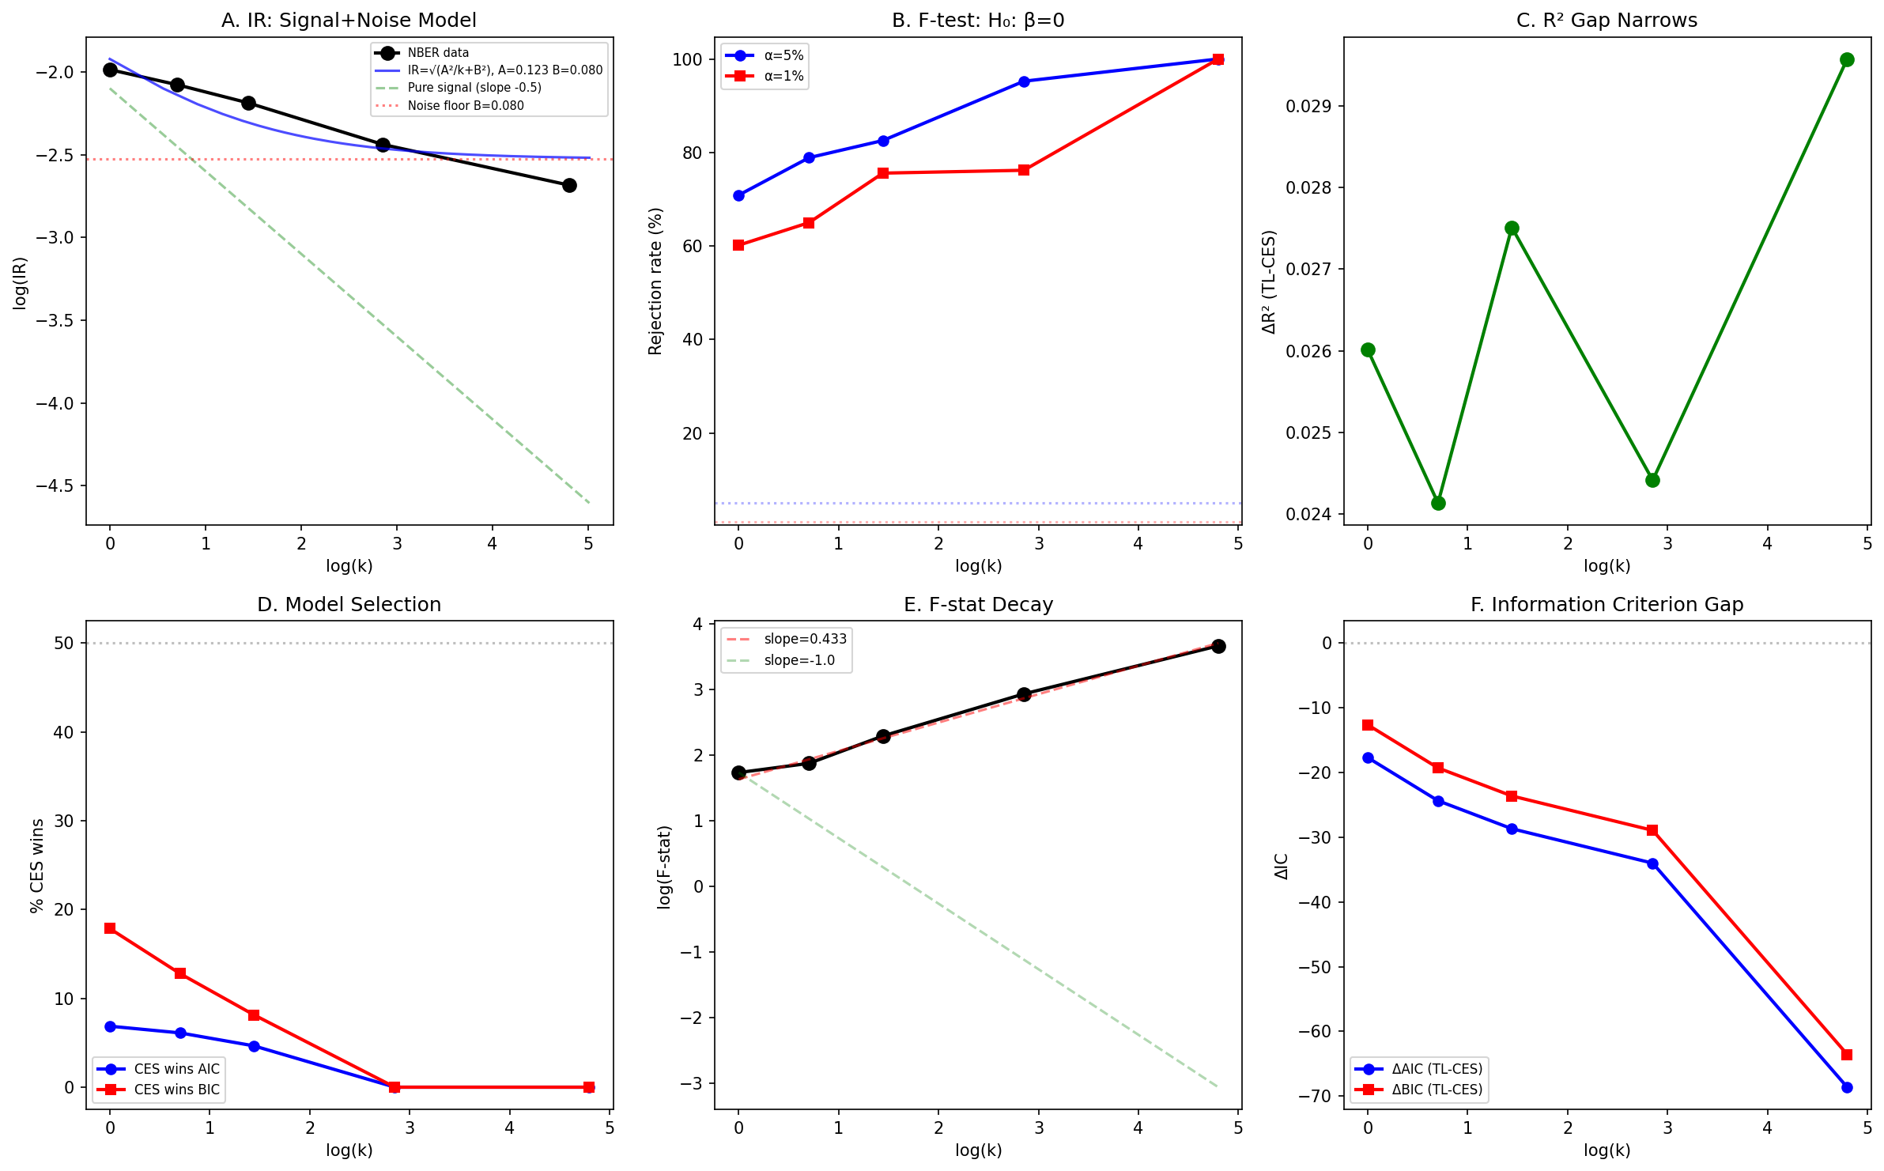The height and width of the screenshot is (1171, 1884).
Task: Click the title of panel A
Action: (349, 21)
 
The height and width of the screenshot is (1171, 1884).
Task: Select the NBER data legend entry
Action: (438, 53)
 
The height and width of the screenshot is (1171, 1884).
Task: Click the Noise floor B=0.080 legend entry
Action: (466, 106)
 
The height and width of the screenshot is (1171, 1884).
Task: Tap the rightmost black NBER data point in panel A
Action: (569, 186)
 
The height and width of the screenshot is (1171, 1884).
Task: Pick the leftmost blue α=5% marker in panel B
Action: (738, 196)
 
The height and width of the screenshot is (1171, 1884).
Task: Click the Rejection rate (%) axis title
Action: (655, 281)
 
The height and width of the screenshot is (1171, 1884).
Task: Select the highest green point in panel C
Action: (1847, 60)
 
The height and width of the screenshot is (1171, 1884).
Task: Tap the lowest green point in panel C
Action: (1438, 504)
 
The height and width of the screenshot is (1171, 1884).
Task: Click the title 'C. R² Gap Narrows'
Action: (1606, 21)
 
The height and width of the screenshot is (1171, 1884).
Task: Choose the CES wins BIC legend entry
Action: (176, 1090)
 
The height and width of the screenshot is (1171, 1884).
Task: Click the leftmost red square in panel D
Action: (110, 928)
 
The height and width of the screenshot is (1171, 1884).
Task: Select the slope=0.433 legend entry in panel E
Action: (805, 639)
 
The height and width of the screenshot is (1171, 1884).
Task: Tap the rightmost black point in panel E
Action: (1218, 647)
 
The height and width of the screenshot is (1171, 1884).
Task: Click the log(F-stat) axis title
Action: (664, 867)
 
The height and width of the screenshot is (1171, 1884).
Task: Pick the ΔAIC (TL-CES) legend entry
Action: (1437, 1069)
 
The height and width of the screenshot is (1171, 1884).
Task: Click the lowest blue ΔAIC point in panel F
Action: (1847, 1088)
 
